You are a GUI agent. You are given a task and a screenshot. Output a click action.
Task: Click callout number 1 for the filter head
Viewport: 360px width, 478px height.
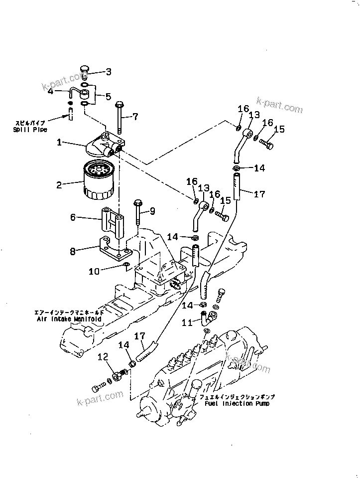[x=59, y=143]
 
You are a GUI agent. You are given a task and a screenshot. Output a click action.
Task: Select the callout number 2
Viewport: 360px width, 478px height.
[x=59, y=185]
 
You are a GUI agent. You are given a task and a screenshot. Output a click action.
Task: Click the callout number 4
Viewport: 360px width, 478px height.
[x=65, y=91]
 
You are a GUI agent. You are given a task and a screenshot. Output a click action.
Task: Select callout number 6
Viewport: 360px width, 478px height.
[x=73, y=217]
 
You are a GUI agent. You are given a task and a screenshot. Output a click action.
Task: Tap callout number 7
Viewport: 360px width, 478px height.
[x=135, y=117]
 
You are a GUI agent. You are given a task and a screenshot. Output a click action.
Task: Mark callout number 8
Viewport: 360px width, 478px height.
[x=73, y=252]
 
